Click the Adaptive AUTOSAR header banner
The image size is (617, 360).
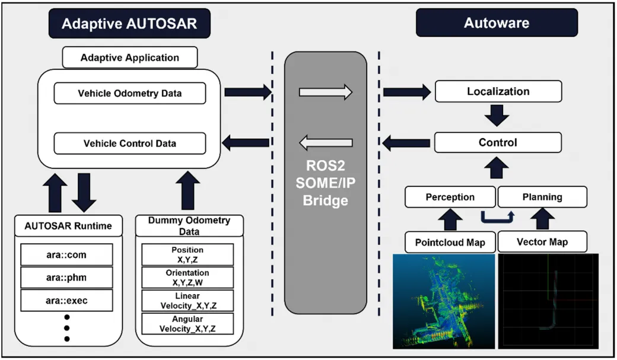click(129, 24)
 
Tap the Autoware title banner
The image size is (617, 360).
click(496, 24)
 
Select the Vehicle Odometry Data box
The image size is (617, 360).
click(129, 94)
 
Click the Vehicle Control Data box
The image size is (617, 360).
click(129, 144)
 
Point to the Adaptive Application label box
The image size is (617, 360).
click(129, 58)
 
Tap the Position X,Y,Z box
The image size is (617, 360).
click(187, 254)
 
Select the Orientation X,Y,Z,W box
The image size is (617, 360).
click(187, 278)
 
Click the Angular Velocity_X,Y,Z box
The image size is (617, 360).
click(187, 324)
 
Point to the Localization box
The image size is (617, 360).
click(498, 91)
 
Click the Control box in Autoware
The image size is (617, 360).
click(498, 142)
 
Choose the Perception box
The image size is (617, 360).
click(450, 197)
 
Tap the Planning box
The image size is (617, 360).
click(542, 197)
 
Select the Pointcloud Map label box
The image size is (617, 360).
click(450, 242)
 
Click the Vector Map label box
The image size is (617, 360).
click(542, 242)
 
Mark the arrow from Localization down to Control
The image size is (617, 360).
click(497, 116)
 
